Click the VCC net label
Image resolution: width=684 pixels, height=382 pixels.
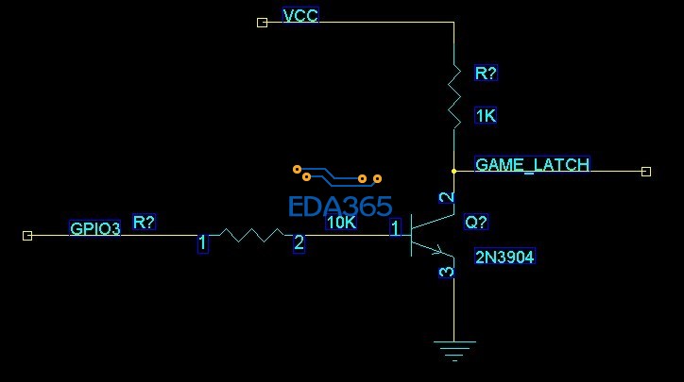(300, 16)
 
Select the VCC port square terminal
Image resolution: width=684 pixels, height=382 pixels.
(263, 22)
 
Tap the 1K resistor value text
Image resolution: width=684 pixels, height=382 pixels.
(486, 116)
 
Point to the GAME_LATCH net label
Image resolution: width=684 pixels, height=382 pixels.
(532, 164)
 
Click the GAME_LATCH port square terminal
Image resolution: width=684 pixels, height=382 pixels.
(646, 172)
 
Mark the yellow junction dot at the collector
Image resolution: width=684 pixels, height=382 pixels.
(454, 172)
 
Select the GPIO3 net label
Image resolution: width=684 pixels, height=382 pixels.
(95, 228)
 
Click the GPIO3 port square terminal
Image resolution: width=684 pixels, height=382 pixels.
(27, 235)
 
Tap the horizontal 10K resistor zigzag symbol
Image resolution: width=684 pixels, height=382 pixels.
(250, 235)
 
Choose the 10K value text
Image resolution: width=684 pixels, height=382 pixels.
(341, 223)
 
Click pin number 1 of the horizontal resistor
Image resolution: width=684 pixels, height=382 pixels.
(202, 243)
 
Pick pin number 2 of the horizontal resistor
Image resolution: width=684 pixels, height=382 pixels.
(299, 243)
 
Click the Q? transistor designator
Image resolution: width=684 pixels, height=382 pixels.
(476, 223)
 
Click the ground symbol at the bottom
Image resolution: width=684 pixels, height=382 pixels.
(454, 351)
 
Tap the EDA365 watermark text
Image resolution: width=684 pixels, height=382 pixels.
(339, 207)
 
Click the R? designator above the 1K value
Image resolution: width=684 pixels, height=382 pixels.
(486, 74)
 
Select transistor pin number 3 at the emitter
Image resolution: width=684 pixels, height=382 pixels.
(447, 272)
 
